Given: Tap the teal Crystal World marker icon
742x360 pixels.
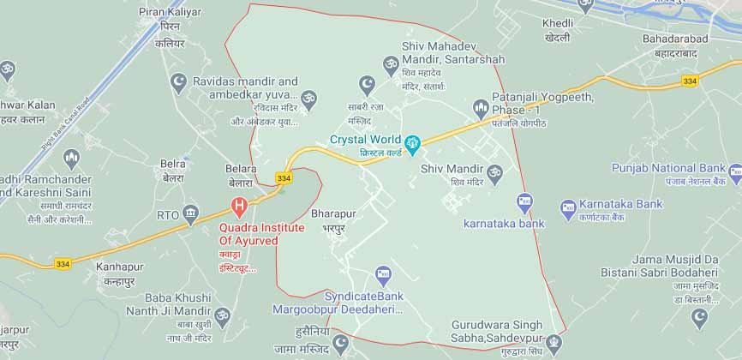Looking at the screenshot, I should coord(413,141).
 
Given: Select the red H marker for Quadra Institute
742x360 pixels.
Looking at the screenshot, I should coord(241,206).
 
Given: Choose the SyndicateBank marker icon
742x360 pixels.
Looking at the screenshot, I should coord(383,275).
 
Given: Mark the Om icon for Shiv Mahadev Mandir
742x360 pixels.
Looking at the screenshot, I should coord(387,63).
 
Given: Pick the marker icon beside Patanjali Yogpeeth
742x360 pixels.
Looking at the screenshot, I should coord(480,108).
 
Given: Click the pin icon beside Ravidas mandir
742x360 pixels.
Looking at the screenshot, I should coord(309,99).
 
